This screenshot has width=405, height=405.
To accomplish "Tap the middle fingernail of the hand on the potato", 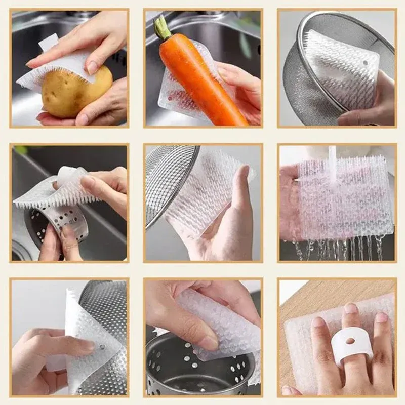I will (x=93, y=67).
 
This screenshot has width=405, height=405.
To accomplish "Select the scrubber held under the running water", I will (x=349, y=197).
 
